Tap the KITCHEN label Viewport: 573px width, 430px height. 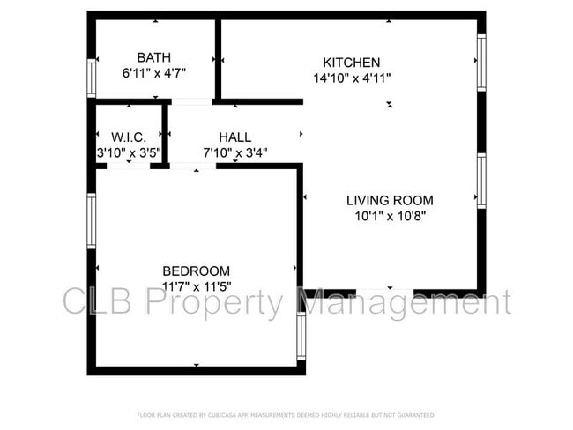(352, 63)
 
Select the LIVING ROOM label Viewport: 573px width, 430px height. (390, 200)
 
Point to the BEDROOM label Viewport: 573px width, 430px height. (196, 271)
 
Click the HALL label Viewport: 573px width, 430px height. (234, 137)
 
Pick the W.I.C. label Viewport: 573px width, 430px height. (128, 137)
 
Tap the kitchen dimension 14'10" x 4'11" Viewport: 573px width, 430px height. (352, 78)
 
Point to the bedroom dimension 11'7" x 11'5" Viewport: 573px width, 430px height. (196, 285)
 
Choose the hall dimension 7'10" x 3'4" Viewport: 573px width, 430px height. (234, 152)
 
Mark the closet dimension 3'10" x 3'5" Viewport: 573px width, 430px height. (128, 152)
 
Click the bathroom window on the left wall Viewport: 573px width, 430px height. (90, 77)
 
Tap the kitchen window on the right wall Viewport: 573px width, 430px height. (481, 61)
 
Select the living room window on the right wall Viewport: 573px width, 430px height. (481, 180)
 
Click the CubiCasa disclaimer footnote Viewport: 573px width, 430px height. (286, 414)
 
